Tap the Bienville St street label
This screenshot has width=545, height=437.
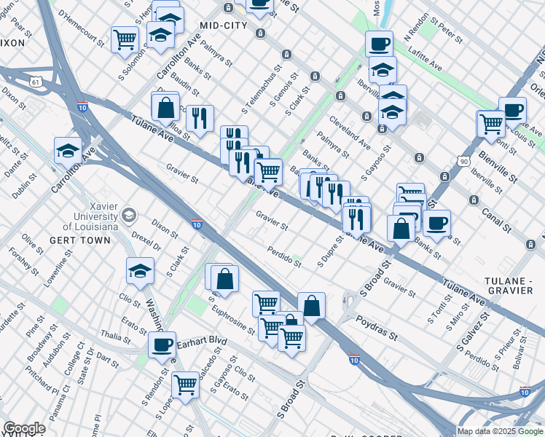(x=498, y=168)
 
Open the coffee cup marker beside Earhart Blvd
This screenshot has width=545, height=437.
(x=162, y=345)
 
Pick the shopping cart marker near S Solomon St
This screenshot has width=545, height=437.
(x=125, y=39)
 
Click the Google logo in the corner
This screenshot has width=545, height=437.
(x=24, y=428)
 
